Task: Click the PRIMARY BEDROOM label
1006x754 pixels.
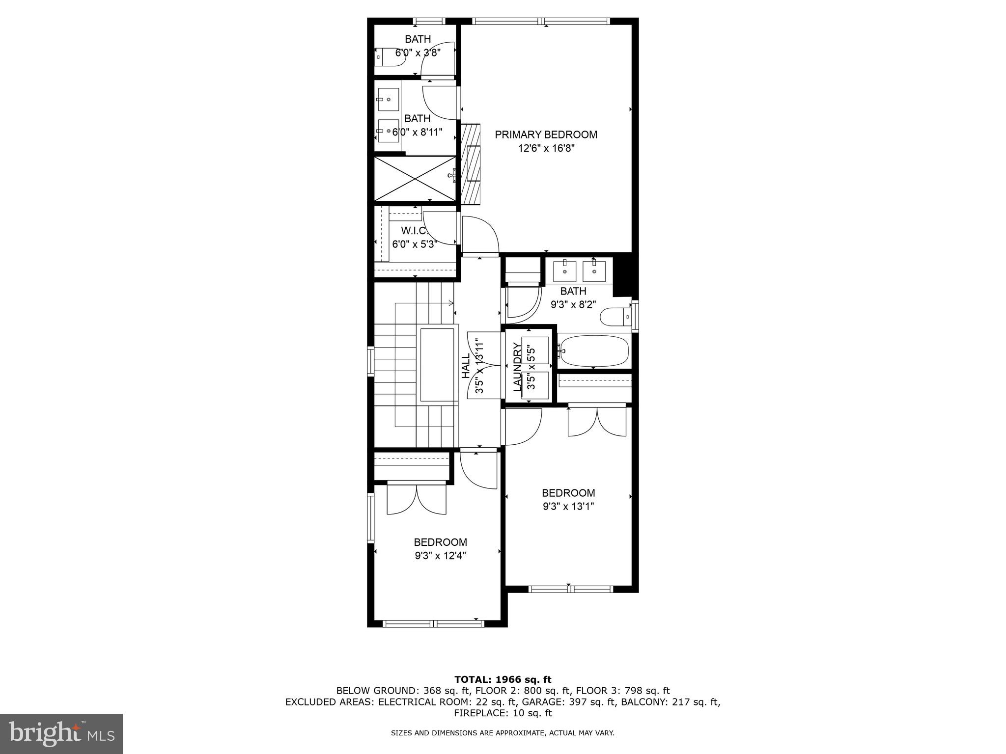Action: (x=546, y=135)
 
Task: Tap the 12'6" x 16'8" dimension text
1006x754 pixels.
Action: (x=546, y=148)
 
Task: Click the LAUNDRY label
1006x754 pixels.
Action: (x=517, y=367)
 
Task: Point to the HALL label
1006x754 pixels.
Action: (x=466, y=366)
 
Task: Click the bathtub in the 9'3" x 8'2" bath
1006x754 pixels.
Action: (x=593, y=351)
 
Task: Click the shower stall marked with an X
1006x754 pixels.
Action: (x=415, y=179)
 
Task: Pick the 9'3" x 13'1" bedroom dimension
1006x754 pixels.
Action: (x=568, y=507)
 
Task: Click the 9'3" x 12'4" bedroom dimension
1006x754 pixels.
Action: (x=440, y=556)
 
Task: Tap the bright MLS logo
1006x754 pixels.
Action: (x=61, y=733)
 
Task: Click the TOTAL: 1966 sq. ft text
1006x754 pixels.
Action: (x=503, y=679)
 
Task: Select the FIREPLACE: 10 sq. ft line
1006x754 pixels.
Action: (x=503, y=713)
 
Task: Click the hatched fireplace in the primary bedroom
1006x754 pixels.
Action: (x=470, y=163)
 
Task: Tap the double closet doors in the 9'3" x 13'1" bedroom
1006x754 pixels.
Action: (x=597, y=421)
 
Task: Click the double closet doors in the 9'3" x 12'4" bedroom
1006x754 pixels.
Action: (x=417, y=499)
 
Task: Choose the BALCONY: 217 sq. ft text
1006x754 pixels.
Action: (x=671, y=702)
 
